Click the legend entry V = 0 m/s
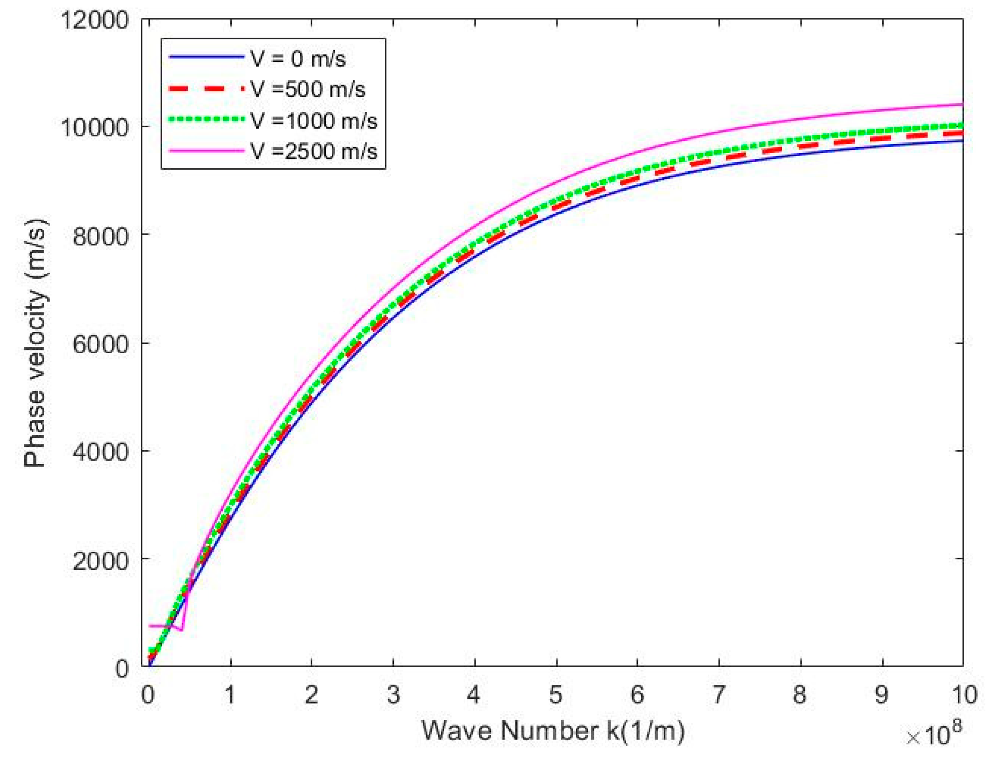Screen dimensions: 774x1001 (x=298, y=59)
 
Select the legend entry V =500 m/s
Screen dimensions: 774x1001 (x=308, y=89)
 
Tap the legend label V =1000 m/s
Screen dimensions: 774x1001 (x=314, y=121)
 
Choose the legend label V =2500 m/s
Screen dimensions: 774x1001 (x=314, y=151)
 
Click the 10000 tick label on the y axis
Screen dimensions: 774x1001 (x=95, y=127)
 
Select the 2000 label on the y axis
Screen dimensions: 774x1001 (x=100, y=560)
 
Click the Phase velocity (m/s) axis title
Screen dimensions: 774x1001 (x=35, y=343)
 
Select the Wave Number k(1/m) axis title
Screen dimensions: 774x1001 (x=553, y=731)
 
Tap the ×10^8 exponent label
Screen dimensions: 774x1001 (x=934, y=736)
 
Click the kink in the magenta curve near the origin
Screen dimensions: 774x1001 (x=181, y=629)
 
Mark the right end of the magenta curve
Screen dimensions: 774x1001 (x=963, y=104)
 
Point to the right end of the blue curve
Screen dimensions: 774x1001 (x=963, y=141)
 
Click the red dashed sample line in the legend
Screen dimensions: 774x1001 (x=207, y=89)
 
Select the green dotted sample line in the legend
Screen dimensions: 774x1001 (x=207, y=119)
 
